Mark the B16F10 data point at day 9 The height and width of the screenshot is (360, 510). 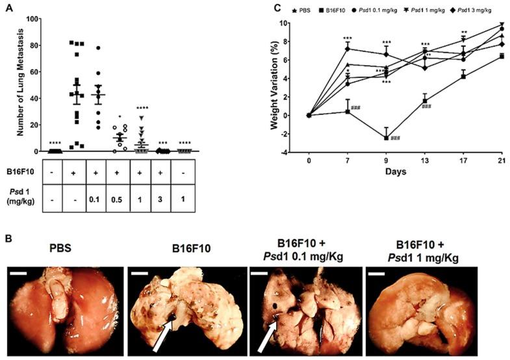[x=387, y=138]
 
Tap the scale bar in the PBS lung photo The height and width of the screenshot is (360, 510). [x=18, y=273]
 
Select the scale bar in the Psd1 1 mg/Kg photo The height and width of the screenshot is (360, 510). [x=376, y=273]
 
